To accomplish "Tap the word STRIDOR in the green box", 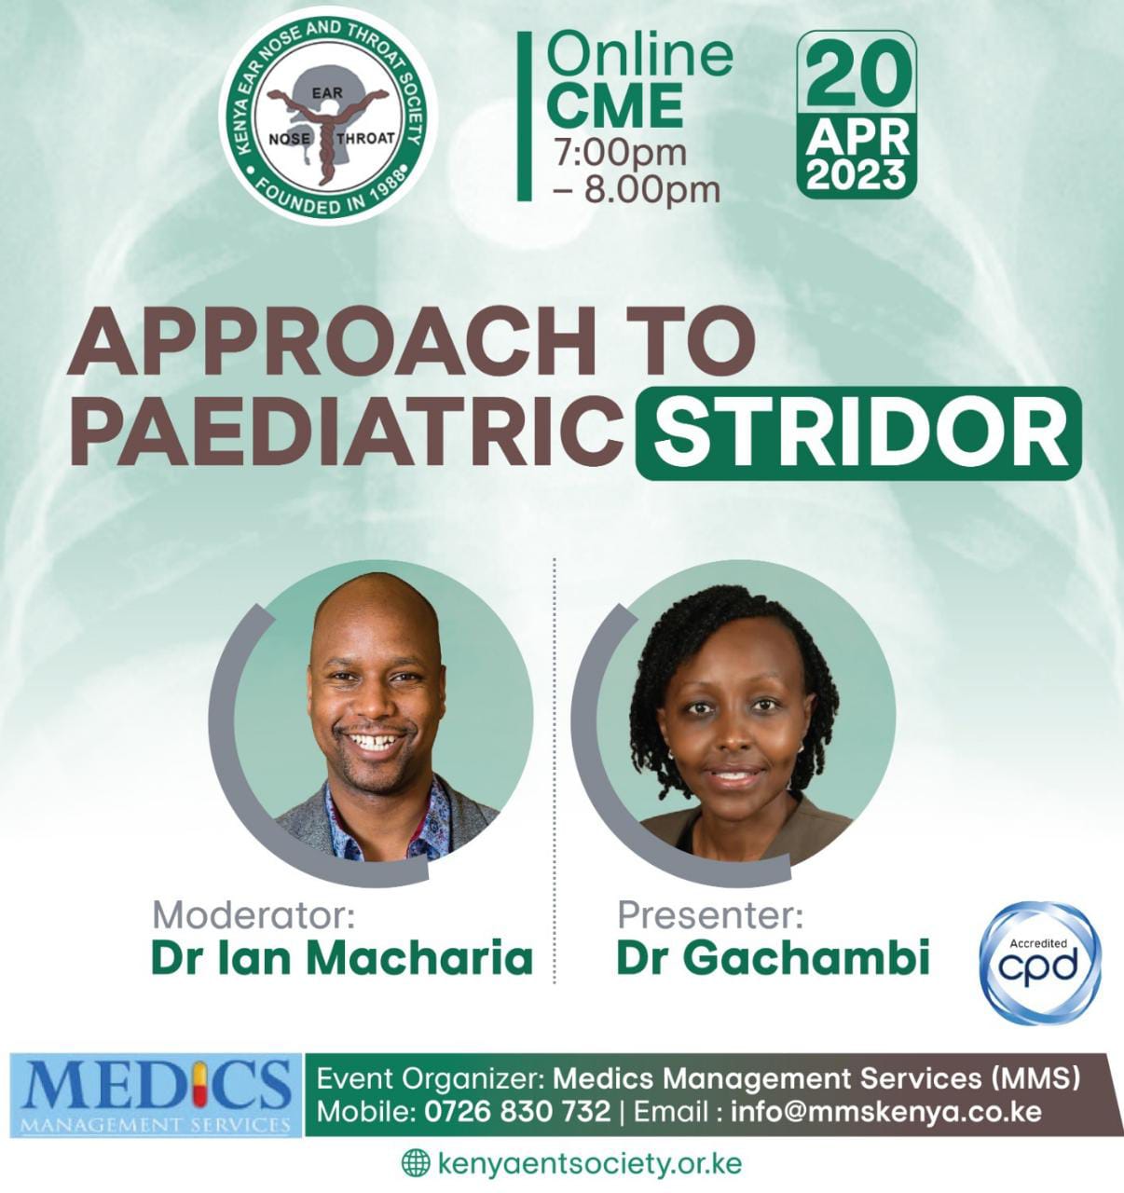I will [x=858, y=434].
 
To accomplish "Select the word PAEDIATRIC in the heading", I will [x=347, y=434].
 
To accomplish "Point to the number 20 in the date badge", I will [x=857, y=78].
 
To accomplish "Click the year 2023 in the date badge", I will [x=857, y=175].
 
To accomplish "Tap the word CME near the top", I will [x=614, y=105].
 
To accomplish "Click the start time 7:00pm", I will [x=620, y=152].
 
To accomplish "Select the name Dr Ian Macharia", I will [x=342, y=958].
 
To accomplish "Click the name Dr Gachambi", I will [x=774, y=958].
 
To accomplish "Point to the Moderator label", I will [x=254, y=914].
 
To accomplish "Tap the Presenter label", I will [x=710, y=914].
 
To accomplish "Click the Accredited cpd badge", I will [x=1039, y=963].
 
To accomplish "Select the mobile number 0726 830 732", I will [x=517, y=1111].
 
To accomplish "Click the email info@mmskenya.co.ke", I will [x=885, y=1111].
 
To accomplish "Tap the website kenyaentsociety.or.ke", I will [x=589, y=1163].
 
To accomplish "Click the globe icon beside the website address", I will [x=416, y=1163].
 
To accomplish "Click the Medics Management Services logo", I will [x=156, y=1095].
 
